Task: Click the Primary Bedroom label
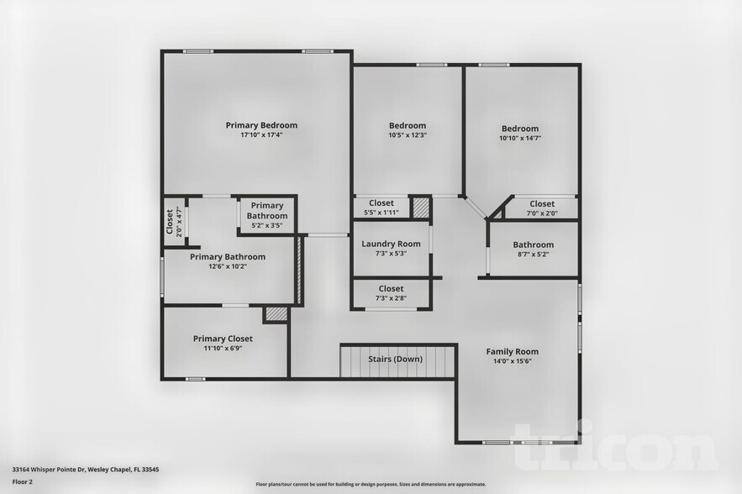pyautogui.click(x=261, y=125)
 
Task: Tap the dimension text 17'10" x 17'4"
pyautogui.click(x=261, y=135)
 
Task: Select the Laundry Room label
pyautogui.click(x=391, y=244)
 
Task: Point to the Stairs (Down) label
pyautogui.click(x=396, y=360)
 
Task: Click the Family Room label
pyautogui.click(x=513, y=351)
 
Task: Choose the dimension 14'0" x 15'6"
pyautogui.click(x=513, y=361)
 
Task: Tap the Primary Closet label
pyautogui.click(x=223, y=339)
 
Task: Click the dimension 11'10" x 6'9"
pyautogui.click(x=223, y=349)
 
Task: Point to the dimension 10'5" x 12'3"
pyautogui.click(x=408, y=135)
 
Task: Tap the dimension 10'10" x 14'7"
pyautogui.click(x=520, y=138)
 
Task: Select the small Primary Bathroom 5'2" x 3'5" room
pyautogui.click(x=267, y=215)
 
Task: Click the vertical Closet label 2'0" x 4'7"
pyautogui.click(x=171, y=223)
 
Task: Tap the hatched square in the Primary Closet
pyautogui.click(x=276, y=314)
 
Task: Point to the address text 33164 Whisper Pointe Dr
pyautogui.click(x=73, y=470)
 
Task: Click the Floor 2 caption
pyautogui.click(x=22, y=481)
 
